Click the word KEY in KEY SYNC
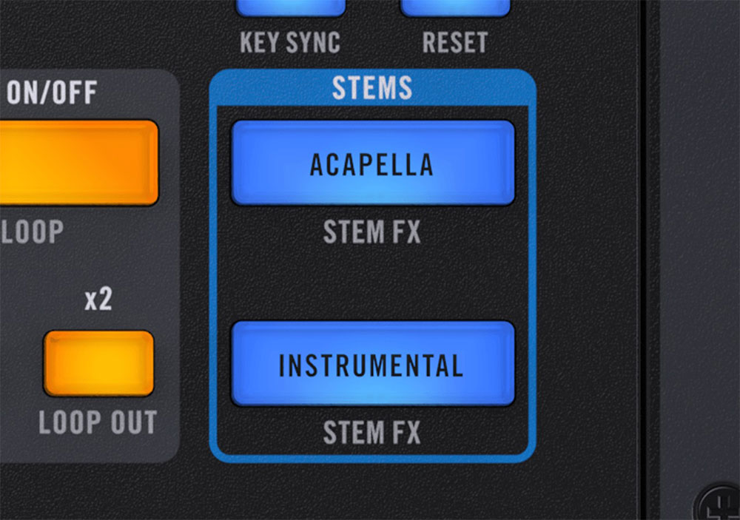[x=259, y=42]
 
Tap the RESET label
[x=454, y=42]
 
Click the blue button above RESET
[x=454, y=7]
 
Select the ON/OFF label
[x=52, y=93]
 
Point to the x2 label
[x=98, y=300]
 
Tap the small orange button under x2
[x=98, y=362]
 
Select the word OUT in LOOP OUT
[x=135, y=422]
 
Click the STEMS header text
[x=371, y=88]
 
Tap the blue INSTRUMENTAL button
[x=372, y=364]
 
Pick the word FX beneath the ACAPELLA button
[x=405, y=233]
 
